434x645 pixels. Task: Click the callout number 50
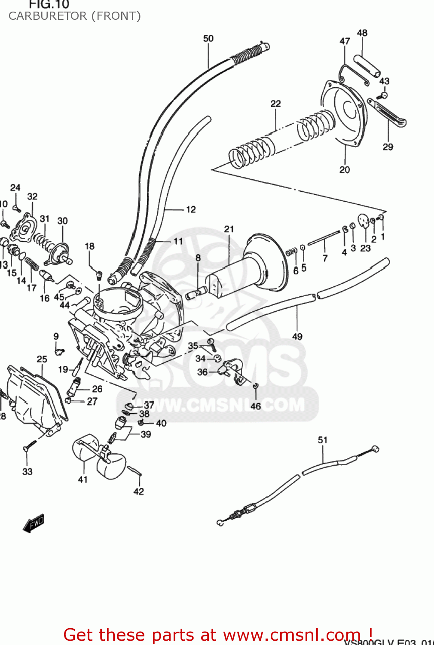click(208, 38)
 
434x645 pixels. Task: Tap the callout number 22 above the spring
click(276, 104)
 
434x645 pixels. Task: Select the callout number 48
click(362, 33)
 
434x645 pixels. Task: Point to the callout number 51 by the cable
click(323, 440)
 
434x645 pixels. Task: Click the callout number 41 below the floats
click(83, 479)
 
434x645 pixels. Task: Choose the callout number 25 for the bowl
click(42, 359)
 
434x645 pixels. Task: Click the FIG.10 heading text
click(49, 5)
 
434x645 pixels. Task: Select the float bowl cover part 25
click(37, 398)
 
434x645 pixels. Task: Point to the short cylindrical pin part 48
click(367, 65)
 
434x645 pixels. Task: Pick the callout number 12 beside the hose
click(191, 209)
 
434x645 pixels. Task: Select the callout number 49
click(297, 337)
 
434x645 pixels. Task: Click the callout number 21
click(229, 229)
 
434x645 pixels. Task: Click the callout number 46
click(256, 406)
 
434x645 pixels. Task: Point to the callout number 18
click(89, 246)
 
